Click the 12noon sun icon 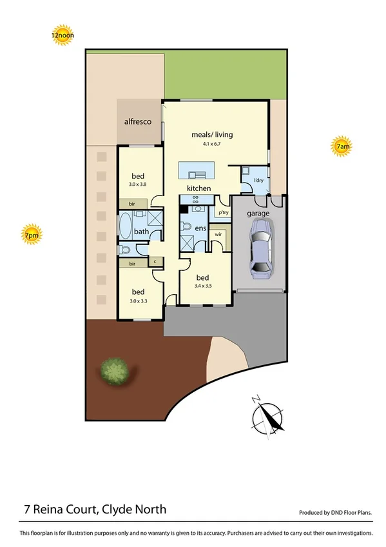tap(63, 36)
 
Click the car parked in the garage tap(260, 248)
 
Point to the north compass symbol tap(268, 415)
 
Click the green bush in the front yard tap(115, 371)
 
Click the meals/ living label tap(212, 135)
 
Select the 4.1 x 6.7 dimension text tap(212, 144)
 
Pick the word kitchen tap(199, 188)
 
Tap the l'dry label tap(260, 180)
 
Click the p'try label tap(224, 212)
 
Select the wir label tap(218, 234)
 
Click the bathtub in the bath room tap(124, 227)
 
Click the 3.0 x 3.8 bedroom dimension tap(139, 184)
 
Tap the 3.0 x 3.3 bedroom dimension tap(139, 300)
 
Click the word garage tap(258, 214)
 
